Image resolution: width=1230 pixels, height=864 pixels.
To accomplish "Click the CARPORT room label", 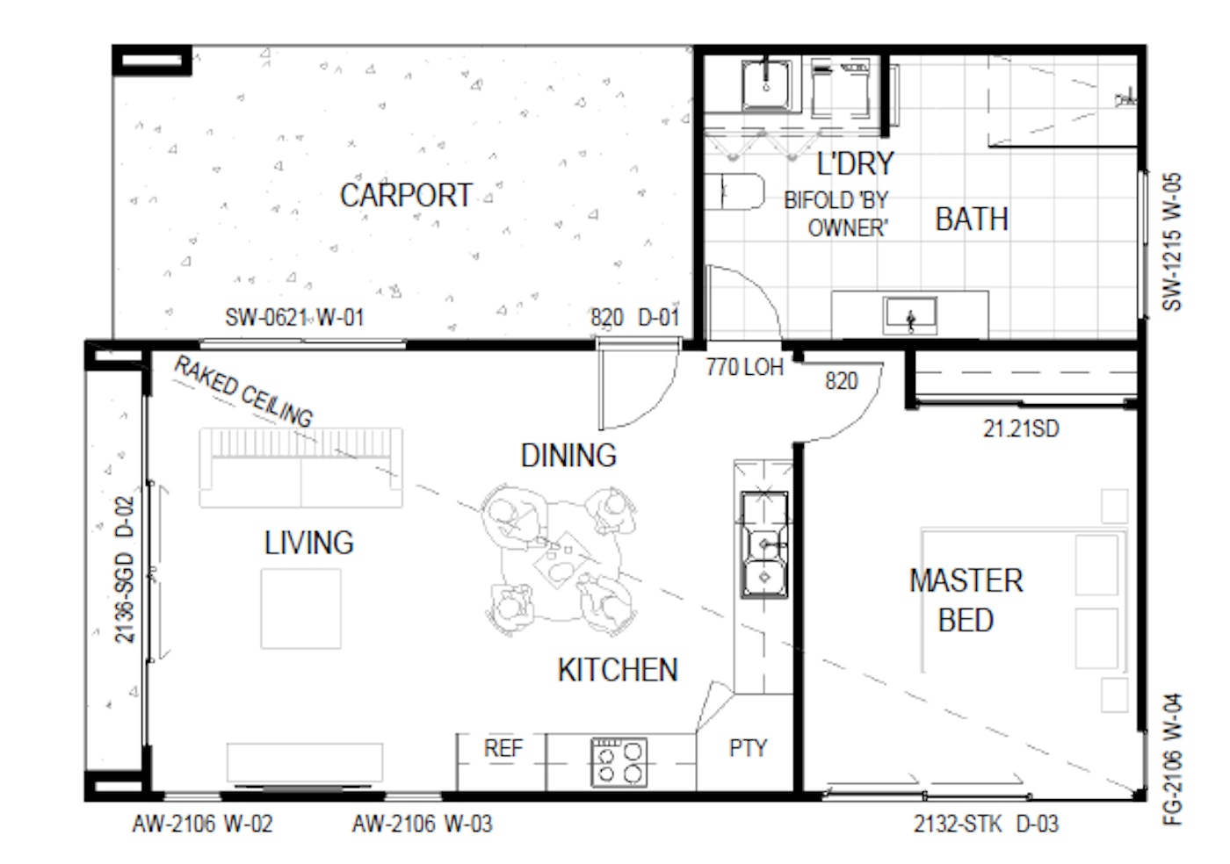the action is pos(406,196).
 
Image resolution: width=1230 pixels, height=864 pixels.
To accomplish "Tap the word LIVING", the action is pos(309,543).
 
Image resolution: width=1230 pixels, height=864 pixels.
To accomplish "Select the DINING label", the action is pos(568,456).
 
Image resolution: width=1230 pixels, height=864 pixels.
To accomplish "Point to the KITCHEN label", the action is pos(618,670).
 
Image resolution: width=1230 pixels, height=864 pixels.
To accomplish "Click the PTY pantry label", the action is pos(748,748).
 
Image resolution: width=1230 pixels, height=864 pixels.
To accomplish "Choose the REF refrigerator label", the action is pos(503,747).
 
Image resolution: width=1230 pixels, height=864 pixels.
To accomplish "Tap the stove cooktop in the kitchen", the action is pos(619,762).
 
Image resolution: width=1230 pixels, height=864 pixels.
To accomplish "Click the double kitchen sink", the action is pos(764,544).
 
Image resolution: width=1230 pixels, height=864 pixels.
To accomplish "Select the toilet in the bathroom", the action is pos(734,191).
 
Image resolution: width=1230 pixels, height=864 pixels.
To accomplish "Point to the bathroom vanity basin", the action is pos(910,315).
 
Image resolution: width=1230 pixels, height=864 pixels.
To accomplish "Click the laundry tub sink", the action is pos(766,85).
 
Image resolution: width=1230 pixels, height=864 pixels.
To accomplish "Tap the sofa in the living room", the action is pos(300,468).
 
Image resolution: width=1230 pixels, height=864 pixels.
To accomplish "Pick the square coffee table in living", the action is pos(300,608).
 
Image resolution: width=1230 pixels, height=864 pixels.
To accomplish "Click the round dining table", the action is pos(561,561).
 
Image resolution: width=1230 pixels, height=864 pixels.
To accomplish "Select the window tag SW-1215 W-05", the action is pos(1172,242).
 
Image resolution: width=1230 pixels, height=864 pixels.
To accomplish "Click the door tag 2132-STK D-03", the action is pos(986,824).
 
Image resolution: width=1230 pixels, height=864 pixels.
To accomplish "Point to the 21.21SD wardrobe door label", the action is pos(1021,428).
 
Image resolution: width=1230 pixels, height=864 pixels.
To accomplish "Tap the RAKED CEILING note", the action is pos(243,391).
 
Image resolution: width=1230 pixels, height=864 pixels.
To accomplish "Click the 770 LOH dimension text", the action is pos(745,367).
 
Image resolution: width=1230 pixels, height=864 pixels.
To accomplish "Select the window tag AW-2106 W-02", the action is pos(203,824).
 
